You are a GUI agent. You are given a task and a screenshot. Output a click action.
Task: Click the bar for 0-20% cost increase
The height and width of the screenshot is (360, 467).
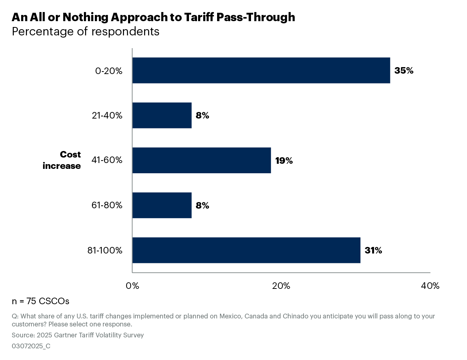pos(261,70)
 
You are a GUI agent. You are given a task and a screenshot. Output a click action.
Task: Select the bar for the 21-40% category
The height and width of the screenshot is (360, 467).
pos(162,115)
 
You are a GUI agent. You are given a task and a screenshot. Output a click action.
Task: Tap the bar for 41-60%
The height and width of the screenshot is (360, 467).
pos(201,160)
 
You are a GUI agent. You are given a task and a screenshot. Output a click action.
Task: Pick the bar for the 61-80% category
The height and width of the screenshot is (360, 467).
pos(162,205)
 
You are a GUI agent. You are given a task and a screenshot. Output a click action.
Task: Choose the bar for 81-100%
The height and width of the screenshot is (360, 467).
pos(246,250)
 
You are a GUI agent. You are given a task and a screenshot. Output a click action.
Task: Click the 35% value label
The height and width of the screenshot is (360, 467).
pos(404,71)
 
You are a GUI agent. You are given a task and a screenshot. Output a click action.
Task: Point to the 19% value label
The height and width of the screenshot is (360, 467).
pos(284,161)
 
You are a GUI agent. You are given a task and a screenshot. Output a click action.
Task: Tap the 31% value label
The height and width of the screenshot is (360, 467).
pos(373,251)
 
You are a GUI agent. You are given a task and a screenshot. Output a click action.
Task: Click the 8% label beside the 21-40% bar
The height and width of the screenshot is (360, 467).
pos(202,116)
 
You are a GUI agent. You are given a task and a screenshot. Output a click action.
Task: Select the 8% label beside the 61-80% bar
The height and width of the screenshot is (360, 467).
pos(202,206)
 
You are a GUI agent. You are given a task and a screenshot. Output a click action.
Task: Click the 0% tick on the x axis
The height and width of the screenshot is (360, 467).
pos(132,286)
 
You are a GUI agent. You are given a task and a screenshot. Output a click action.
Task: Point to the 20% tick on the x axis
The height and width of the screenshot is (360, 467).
pos(281,286)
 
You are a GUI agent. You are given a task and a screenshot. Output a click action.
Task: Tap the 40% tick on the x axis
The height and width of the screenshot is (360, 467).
pos(430,286)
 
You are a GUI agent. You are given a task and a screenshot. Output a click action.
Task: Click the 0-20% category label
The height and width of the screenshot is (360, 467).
pos(109,71)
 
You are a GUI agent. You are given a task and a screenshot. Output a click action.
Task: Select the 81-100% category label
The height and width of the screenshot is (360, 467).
pos(105,251)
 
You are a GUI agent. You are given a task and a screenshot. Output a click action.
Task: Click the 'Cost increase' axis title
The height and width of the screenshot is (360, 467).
pos(62,160)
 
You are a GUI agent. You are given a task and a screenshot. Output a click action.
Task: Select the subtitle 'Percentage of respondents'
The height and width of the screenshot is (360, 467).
pos(85,32)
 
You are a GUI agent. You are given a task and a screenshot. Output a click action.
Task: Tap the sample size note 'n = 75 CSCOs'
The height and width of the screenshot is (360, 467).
pos(40,301)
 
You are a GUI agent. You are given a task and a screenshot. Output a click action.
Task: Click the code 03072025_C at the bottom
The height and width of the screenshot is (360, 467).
pos(31,346)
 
